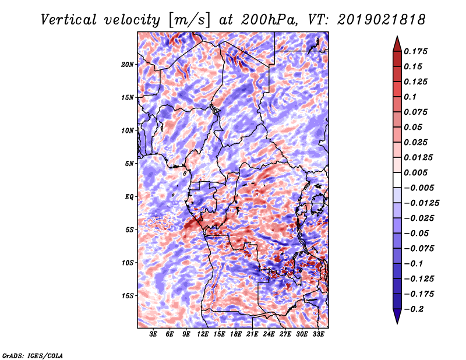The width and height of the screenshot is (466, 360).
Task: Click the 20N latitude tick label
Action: coord(128,64)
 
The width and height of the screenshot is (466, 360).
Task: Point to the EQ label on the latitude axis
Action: coord(129,196)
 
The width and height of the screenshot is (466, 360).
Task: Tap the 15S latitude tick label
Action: coord(128,296)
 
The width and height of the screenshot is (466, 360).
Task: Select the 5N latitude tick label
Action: coord(129,164)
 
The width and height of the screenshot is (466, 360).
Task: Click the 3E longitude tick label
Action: coord(154,334)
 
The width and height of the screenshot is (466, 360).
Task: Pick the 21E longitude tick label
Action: coord(252,334)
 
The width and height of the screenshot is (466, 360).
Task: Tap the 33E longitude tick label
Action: coord(318,334)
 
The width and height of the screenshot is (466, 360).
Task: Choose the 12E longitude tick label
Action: coord(203,334)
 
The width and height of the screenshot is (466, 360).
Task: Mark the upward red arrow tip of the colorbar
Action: coord(397,38)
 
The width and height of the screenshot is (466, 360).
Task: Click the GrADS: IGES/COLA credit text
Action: coord(33,355)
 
